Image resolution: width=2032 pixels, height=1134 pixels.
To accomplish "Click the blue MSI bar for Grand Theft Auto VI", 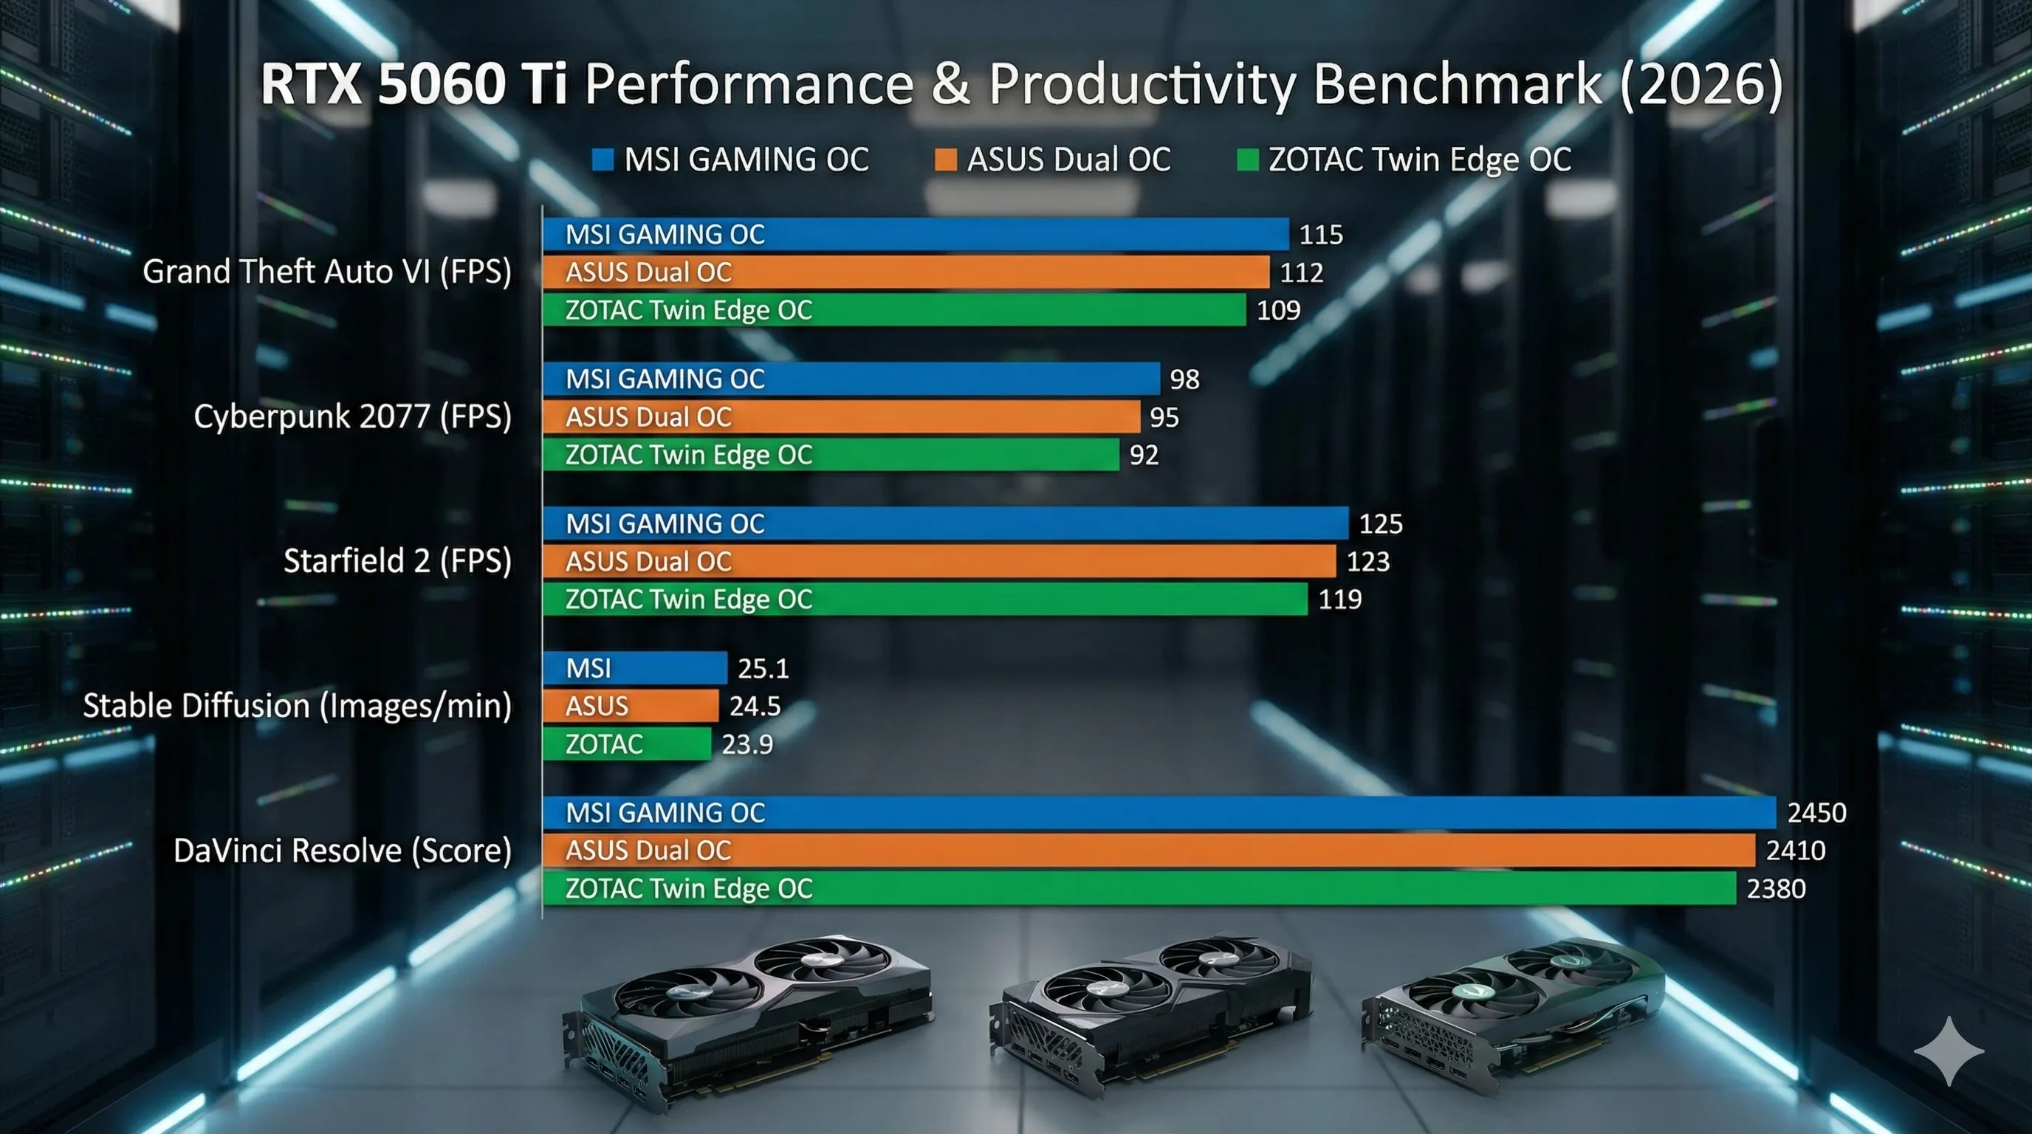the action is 916,234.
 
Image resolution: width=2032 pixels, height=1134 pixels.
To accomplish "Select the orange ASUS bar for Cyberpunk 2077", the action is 842,416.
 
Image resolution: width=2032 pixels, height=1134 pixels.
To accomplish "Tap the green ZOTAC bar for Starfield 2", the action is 925,599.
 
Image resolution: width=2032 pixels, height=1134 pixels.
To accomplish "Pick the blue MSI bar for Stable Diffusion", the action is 635,668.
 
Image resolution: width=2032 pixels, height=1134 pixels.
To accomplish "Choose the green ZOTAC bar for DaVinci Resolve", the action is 1140,888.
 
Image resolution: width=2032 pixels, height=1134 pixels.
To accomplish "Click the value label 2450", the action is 1816,813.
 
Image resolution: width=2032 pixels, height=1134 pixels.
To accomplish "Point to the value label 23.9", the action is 747,744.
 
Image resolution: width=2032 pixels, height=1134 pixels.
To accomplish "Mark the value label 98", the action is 1185,379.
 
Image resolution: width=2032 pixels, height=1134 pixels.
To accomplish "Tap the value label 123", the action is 1367,562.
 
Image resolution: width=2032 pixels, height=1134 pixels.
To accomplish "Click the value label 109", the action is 1279,310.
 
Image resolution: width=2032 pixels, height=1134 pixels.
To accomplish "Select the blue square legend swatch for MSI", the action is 603,160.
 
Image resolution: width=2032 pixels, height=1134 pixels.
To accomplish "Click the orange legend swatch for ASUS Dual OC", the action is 946,160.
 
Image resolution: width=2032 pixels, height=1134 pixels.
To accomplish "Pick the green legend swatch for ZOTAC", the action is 1248,160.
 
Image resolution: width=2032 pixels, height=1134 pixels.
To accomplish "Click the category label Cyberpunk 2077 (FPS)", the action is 353,416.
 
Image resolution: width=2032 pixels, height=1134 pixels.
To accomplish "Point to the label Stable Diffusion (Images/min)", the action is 298,706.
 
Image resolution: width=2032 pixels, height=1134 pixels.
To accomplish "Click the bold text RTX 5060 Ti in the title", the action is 414,83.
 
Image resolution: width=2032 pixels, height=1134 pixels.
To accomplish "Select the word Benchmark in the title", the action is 1458,83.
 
